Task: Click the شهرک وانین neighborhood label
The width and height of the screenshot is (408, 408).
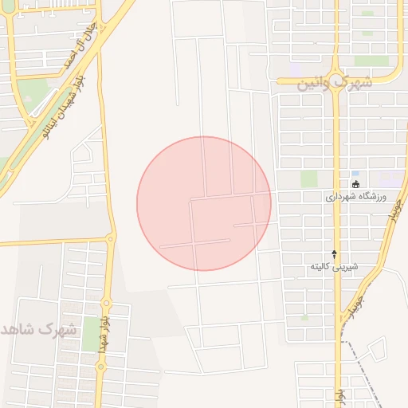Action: tap(335, 82)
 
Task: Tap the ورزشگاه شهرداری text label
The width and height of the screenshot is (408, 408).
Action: tap(356, 196)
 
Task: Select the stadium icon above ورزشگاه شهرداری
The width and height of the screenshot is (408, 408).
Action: tap(355, 184)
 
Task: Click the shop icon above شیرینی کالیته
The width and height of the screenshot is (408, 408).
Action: tap(334, 253)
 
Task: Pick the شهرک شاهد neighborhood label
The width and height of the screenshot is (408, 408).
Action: tap(40, 329)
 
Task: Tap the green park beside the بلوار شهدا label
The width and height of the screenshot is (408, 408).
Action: tap(89, 333)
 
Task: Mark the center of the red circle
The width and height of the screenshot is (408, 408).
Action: tap(204, 203)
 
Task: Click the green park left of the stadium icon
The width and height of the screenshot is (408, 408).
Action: tap(308, 178)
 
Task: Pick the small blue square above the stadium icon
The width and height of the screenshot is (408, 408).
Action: tap(355, 173)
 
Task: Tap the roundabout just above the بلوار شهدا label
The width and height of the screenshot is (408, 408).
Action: tap(105, 303)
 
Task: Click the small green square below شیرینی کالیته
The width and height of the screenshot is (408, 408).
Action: tap(304, 317)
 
